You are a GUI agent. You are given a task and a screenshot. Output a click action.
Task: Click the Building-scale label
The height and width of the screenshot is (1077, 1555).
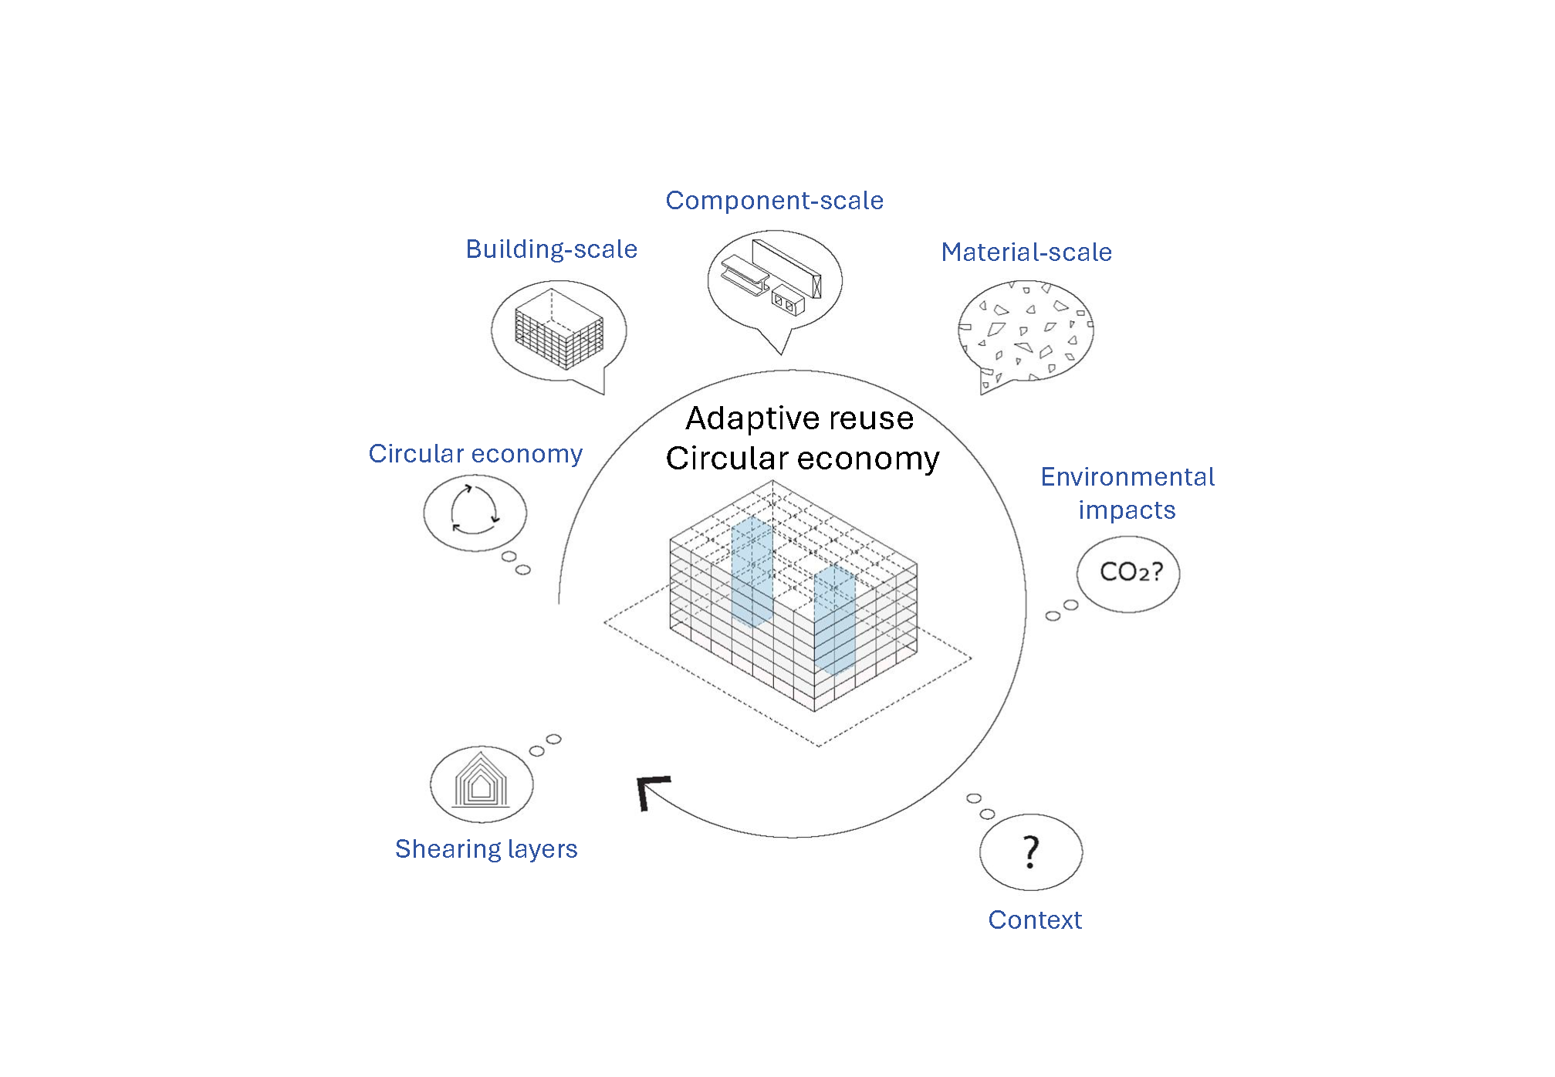click(x=552, y=249)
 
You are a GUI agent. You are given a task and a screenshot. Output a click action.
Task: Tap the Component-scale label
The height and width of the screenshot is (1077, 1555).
click(x=774, y=201)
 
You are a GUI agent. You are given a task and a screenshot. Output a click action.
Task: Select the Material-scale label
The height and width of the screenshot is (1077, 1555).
click(x=1026, y=252)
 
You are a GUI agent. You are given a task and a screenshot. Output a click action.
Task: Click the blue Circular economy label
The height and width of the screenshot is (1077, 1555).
click(x=475, y=454)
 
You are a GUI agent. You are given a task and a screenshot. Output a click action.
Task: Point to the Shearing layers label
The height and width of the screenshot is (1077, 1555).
click(x=486, y=849)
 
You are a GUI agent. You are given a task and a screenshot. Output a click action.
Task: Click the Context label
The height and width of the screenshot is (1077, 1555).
click(x=1035, y=920)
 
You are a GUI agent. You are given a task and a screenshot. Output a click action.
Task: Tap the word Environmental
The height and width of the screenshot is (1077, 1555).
click(x=1127, y=477)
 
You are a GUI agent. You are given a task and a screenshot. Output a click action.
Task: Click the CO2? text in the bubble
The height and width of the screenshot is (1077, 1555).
click(x=1131, y=572)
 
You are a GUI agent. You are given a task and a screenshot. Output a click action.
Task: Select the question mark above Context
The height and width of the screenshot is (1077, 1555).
click(x=1031, y=852)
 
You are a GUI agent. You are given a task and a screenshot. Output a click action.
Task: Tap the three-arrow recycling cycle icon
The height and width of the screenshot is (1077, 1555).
click(x=475, y=510)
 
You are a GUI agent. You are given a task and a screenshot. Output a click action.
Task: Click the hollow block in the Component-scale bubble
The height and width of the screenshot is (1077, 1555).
click(x=788, y=300)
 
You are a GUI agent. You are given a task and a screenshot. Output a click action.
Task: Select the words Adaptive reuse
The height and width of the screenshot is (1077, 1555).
click(x=799, y=418)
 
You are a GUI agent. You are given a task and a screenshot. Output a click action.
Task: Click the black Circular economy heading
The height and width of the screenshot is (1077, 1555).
click(x=803, y=459)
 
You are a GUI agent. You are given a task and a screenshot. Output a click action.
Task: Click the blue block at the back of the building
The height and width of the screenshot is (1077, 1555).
click(x=752, y=572)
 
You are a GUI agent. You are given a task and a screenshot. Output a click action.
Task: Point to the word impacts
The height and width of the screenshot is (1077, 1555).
click(x=1127, y=510)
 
